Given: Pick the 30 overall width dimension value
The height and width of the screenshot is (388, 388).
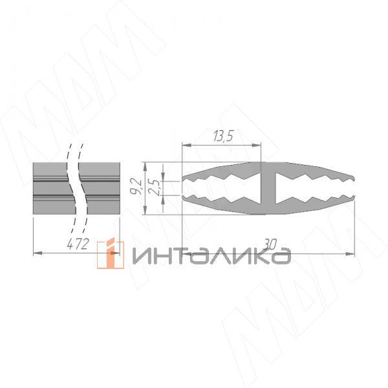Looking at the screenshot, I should [x=270, y=244].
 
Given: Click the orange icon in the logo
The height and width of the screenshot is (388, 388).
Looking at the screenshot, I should [x=111, y=255].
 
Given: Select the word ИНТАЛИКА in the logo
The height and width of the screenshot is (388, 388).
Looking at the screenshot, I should [x=211, y=256].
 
